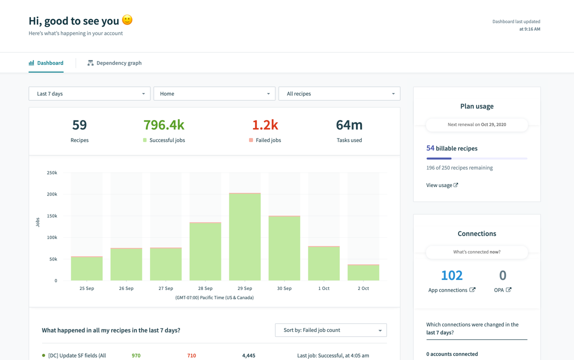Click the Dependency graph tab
[x=114, y=63]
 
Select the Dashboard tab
[x=46, y=63]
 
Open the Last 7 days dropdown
[x=89, y=93]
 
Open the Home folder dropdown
[x=214, y=93]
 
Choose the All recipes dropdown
[x=339, y=93]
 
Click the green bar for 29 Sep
[x=244, y=237]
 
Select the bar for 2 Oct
[x=363, y=273]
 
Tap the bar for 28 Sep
[x=205, y=252]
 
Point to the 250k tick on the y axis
[x=52, y=173]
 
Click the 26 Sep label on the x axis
[x=126, y=288]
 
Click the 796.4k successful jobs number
[x=164, y=125]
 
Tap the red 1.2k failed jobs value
[x=264, y=125]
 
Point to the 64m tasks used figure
[x=349, y=125]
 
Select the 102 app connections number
[x=451, y=275]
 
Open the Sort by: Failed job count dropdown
[x=330, y=330]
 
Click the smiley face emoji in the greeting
[x=127, y=20]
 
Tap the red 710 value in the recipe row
[x=191, y=355]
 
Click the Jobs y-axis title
[x=38, y=222]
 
